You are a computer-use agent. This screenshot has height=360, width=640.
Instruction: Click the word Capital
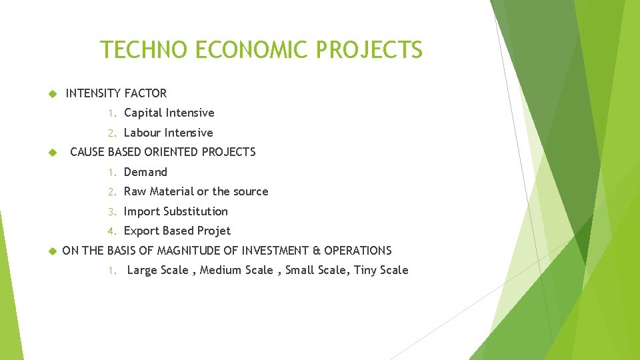(x=143, y=113)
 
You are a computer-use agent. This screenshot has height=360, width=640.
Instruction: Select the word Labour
(x=142, y=133)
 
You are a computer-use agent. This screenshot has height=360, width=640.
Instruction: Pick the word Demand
(x=145, y=172)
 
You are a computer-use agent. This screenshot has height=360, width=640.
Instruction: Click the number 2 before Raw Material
(x=112, y=192)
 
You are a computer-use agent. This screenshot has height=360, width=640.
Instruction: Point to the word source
(x=251, y=191)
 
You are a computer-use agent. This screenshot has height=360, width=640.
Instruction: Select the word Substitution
(x=195, y=211)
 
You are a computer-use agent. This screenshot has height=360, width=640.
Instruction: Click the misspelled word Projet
(x=214, y=231)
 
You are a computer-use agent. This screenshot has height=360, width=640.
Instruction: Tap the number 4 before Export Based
(x=112, y=231)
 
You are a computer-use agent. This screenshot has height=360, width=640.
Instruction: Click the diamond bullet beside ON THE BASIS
(x=51, y=251)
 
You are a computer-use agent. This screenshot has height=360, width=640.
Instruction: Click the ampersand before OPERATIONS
(x=317, y=251)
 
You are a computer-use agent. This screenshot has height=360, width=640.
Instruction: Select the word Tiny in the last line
(x=365, y=270)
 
